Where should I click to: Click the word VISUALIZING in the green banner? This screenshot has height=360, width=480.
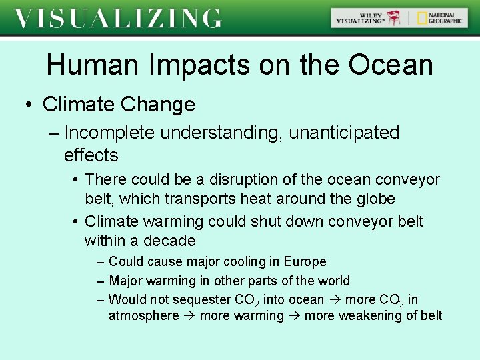click(x=118, y=18)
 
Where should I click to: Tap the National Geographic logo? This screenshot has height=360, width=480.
click(x=441, y=18)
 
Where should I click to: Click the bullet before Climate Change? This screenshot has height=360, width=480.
click(x=29, y=105)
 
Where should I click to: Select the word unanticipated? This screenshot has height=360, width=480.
click(x=344, y=133)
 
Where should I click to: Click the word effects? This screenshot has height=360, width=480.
click(x=91, y=155)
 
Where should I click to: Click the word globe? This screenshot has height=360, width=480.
click(x=378, y=199)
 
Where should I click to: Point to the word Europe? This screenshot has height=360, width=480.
click(x=305, y=261)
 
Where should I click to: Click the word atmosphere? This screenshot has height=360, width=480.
click(x=143, y=315)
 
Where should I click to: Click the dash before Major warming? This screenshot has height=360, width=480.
click(x=100, y=281)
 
